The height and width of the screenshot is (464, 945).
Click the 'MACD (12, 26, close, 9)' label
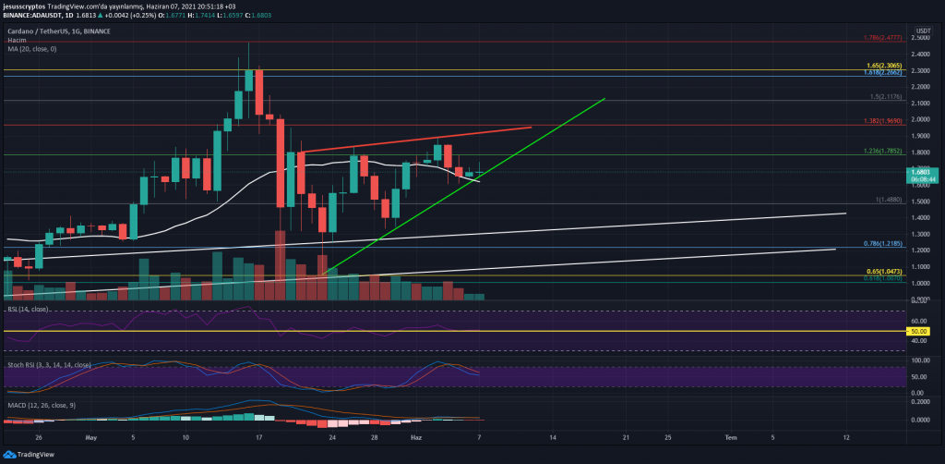point(39,403)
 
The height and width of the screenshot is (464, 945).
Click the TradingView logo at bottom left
point(30,454)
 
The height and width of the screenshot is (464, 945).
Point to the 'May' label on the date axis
point(90,434)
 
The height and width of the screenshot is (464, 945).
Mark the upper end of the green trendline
point(604,99)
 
